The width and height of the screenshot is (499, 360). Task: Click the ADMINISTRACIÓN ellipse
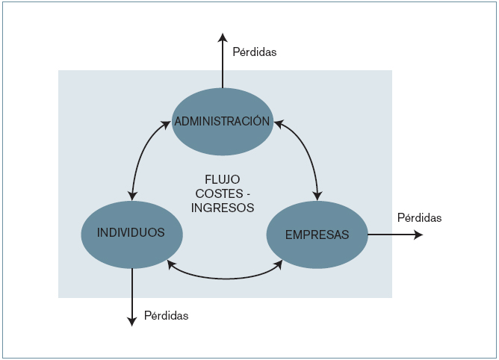221,121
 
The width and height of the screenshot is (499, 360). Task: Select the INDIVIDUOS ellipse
131,233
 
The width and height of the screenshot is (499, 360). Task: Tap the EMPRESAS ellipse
317,235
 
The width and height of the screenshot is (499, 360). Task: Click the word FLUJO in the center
222,180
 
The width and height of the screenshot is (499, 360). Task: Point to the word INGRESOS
223,208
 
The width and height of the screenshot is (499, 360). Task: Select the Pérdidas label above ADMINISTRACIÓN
254,52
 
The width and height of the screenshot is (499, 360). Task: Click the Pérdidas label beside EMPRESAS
419,218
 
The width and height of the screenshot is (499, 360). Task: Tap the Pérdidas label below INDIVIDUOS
166,316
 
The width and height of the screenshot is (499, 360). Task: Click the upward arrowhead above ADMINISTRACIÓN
222,37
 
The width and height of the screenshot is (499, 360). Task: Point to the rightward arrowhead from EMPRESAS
419,235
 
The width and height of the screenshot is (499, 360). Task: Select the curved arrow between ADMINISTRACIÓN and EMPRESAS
306,153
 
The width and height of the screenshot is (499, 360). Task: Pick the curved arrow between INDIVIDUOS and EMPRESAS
224,278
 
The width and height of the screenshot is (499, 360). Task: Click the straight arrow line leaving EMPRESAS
392,235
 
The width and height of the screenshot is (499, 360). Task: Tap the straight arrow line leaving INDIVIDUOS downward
131,291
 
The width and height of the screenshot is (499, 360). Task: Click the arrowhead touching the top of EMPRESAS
317,196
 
